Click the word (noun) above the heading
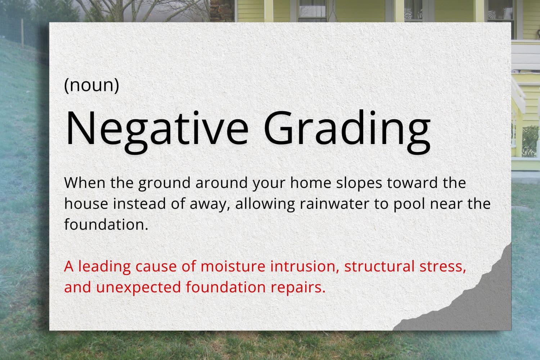(91, 85)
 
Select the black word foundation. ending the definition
(106, 224)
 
